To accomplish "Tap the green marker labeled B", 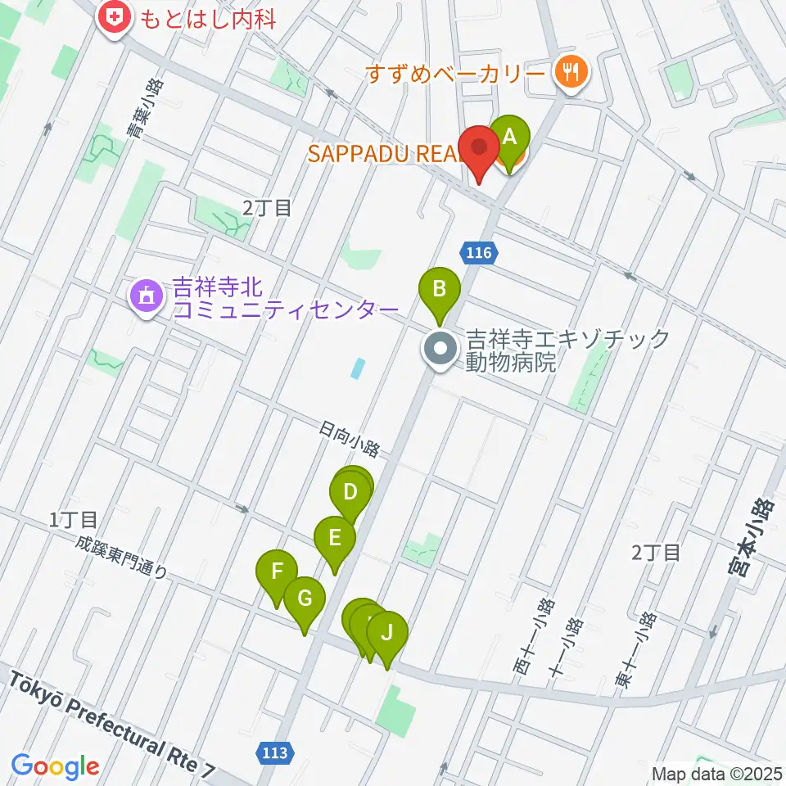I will pos(439,290).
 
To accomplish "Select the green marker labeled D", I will pos(350,493).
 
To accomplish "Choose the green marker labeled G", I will pos(304,598).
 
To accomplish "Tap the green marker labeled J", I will pos(386,633).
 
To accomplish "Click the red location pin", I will pos(479,151).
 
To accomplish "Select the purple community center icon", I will pos(146,295).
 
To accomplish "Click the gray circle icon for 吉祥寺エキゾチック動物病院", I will pos(440,350).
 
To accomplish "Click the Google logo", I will pos(55,766).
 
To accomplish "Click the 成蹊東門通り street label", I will pos(124,558).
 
